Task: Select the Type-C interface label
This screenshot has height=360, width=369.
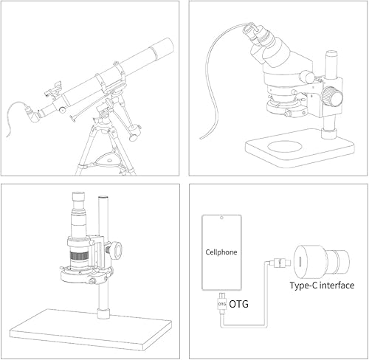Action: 321,285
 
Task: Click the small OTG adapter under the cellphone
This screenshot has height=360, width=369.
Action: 221,304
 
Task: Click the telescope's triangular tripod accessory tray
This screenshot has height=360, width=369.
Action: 108,156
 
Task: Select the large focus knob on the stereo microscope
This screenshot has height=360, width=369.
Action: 337,97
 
